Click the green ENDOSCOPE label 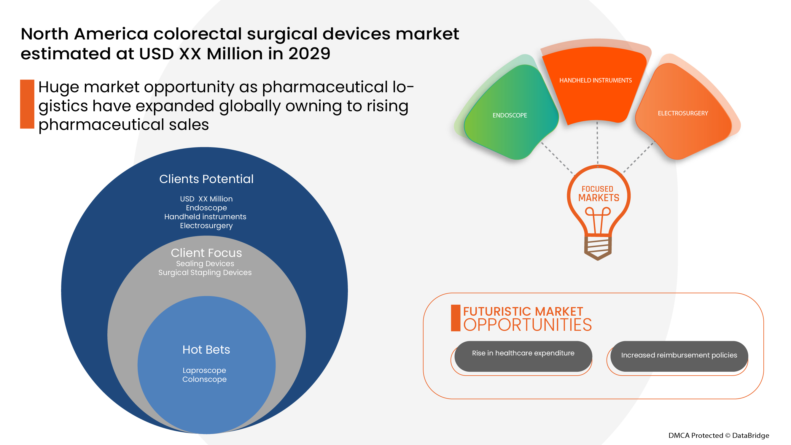(510, 115)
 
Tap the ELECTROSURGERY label (683, 113)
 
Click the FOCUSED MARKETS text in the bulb (598, 194)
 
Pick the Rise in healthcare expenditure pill (523, 353)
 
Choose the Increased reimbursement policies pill (679, 355)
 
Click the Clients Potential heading (206, 179)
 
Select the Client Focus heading (206, 253)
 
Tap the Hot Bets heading (206, 349)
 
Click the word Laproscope (204, 370)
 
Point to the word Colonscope (204, 379)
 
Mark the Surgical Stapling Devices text (205, 272)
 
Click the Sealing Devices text (205, 263)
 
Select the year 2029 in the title (309, 54)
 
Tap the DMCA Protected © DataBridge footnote (719, 435)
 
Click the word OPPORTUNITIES (527, 325)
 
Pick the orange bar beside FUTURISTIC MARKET (455, 318)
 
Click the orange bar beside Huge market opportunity (27, 104)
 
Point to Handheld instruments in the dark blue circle (205, 217)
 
